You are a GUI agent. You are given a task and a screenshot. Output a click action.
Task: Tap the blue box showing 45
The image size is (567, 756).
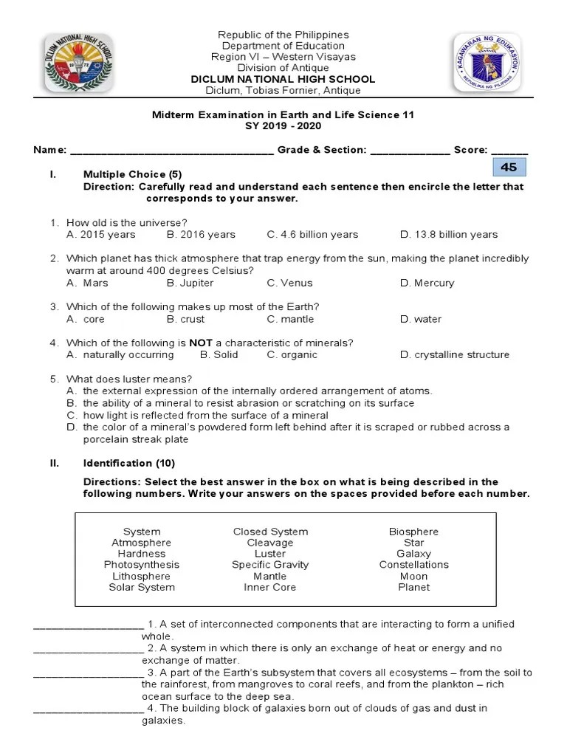(x=509, y=168)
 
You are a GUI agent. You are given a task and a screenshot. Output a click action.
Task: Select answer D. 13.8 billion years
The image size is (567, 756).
(x=449, y=235)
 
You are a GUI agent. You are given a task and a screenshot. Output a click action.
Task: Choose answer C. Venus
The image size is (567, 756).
(x=289, y=283)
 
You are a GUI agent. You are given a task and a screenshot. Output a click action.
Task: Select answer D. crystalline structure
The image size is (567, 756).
(x=454, y=354)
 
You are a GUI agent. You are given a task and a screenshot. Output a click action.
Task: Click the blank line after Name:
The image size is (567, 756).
(x=171, y=151)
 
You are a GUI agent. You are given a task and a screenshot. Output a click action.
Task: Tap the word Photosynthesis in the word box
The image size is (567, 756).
(x=142, y=565)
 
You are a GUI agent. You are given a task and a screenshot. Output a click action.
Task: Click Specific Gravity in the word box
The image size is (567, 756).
(x=269, y=565)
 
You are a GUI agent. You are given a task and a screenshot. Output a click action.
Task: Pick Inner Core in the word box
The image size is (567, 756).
(x=269, y=588)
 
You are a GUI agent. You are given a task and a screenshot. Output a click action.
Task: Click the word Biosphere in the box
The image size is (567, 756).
(x=413, y=532)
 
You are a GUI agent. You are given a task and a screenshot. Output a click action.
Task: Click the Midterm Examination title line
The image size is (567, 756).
(x=283, y=115)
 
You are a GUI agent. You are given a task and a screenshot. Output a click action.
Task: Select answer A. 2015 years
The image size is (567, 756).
(x=101, y=235)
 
